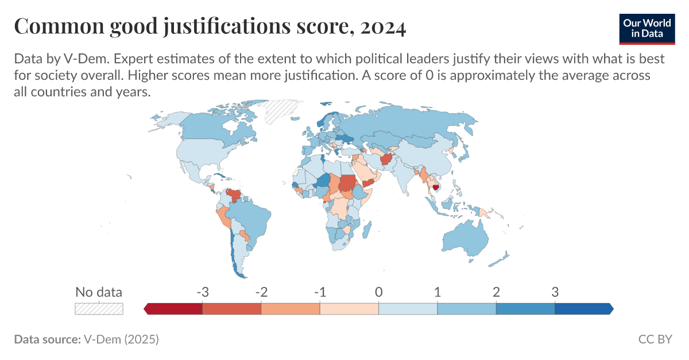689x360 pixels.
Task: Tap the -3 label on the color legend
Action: pyautogui.click(x=202, y=292)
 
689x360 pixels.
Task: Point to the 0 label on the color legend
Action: pyautogui.click(x=378, y=292)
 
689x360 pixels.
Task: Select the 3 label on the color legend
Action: pyautogui.click(x=555, y=292)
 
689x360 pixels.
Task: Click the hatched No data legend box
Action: pyautogui.click(x=99, y=308)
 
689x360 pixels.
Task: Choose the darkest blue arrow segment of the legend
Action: pyautogui.click(x=583, y=308)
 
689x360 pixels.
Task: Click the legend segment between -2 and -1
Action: pyautogui.click(x=291, y=308)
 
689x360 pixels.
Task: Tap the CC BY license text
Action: pyautogui.click(x=655, y=339)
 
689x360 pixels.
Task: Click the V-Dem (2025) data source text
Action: pyautogui.click(x=121, y=339)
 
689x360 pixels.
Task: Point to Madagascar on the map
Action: pyautogui.click(x=365, y=231)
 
